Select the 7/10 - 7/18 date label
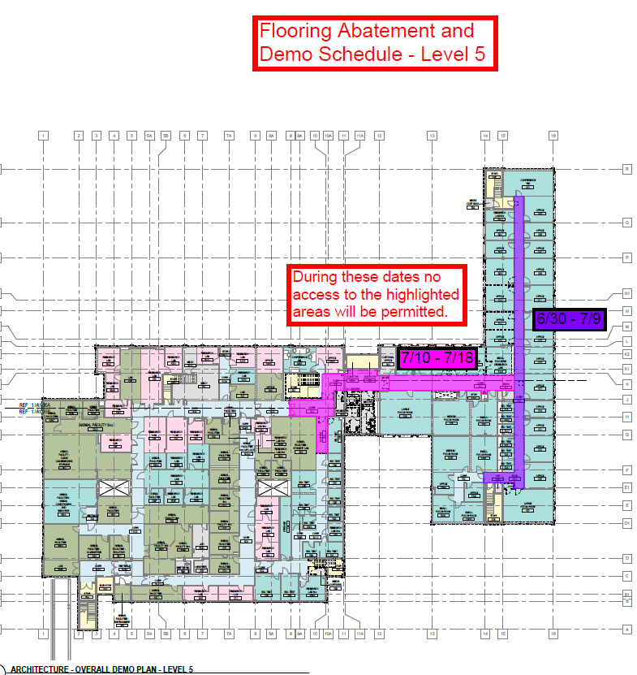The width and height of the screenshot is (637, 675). click(437, 357)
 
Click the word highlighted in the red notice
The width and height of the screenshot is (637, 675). click(421, 294)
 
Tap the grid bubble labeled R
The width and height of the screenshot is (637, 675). click(626, 169)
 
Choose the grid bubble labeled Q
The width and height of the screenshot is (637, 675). click(626, 222)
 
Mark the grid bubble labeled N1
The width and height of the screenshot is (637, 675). click(626, 294)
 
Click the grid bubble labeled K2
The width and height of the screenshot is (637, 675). click(626, 355)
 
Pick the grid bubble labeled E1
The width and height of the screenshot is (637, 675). click(626, 487)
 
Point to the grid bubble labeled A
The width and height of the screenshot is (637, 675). click(626, 629)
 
